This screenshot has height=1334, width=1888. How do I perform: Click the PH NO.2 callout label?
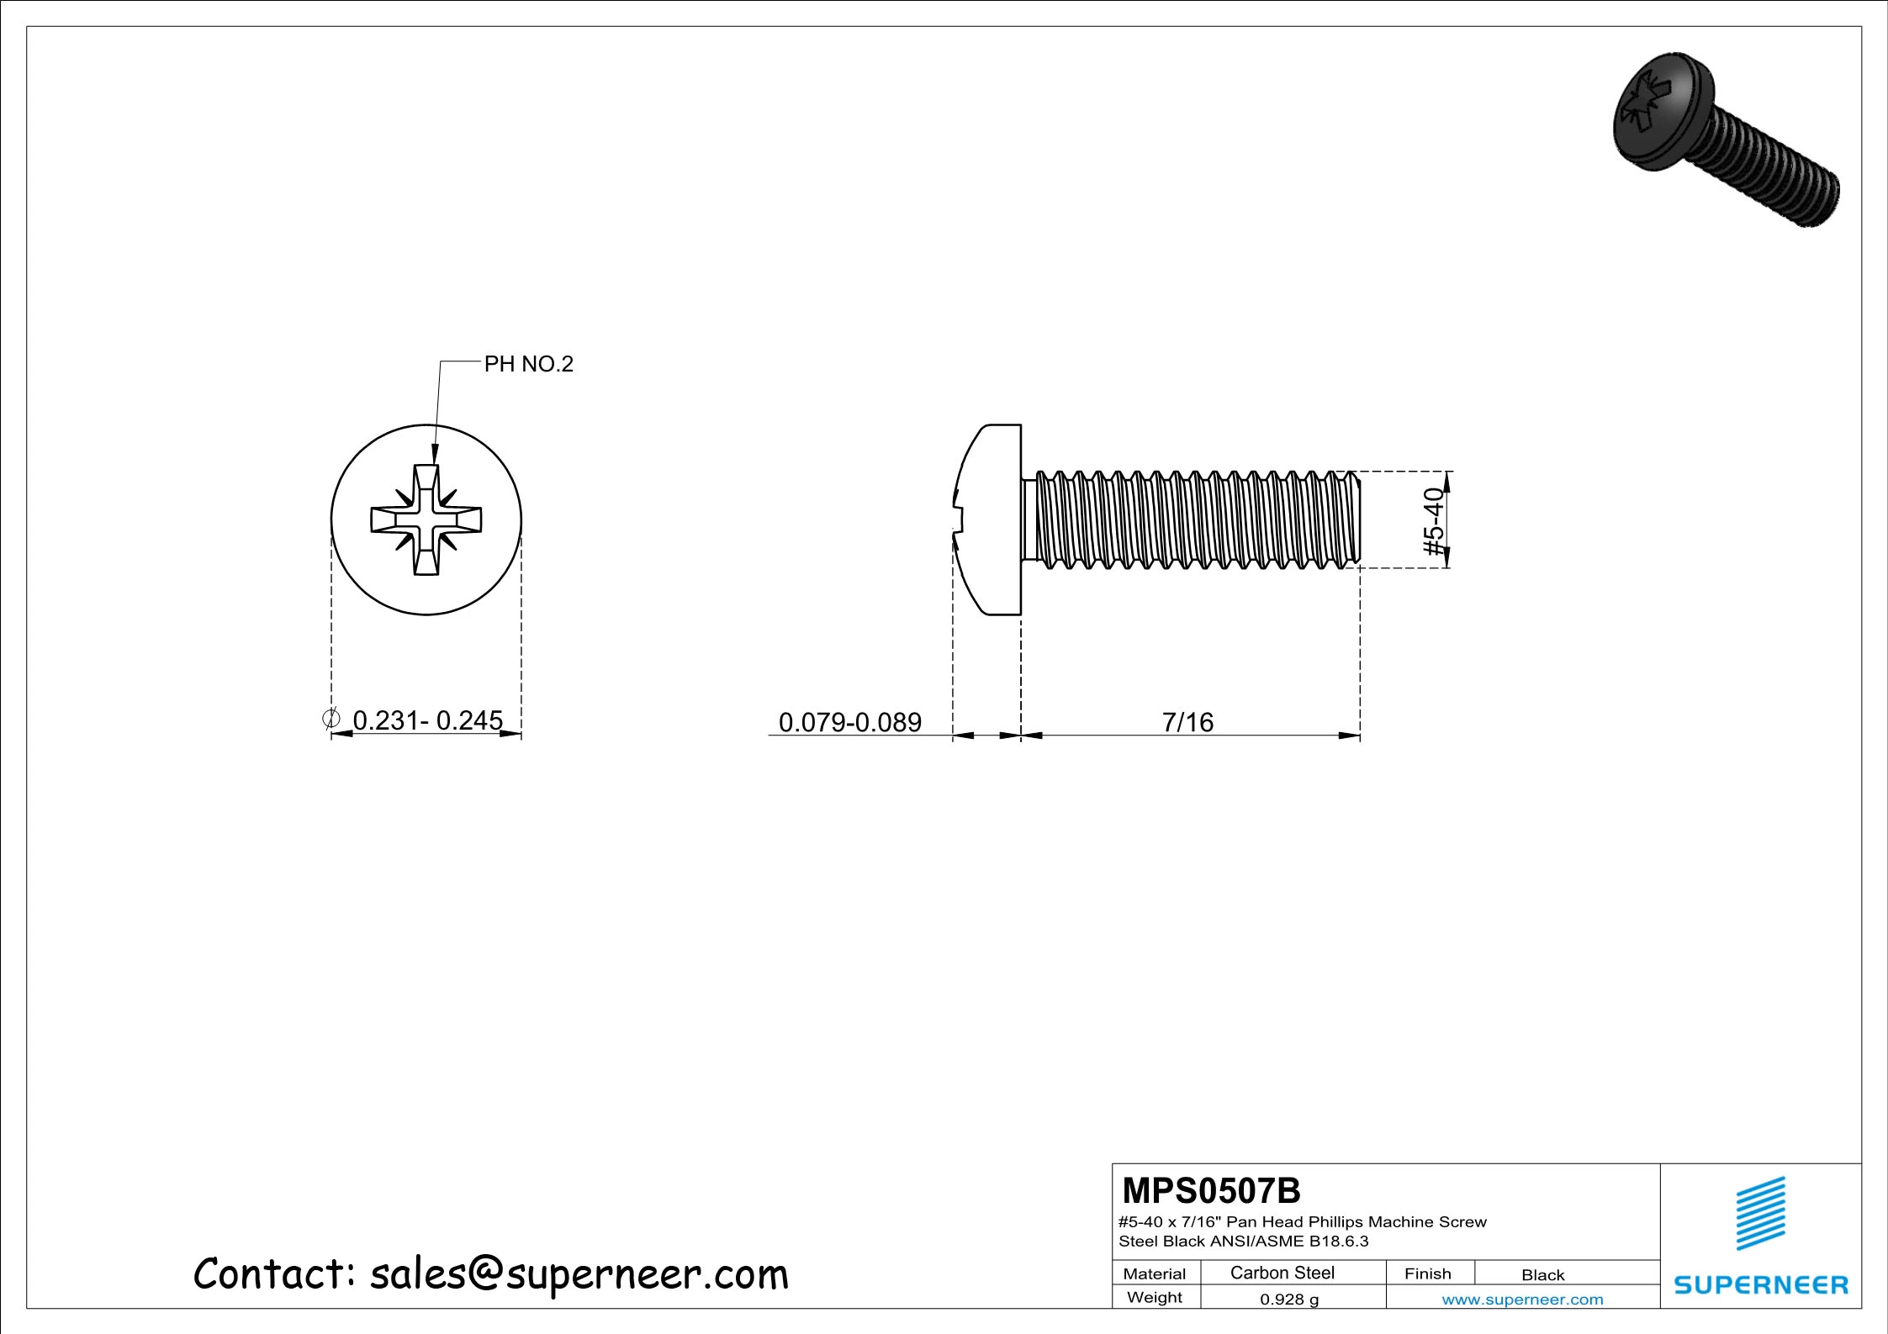pos(528,364)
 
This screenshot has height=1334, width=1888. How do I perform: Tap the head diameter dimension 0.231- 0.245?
pos(427,720)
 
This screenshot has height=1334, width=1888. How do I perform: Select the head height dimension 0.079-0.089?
pos(849,722)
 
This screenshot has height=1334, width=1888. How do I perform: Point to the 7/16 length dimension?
pos(1187,722)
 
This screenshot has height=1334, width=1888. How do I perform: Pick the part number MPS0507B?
pos(1211,1191)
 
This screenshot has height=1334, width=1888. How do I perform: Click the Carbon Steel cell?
pos(1282,1273)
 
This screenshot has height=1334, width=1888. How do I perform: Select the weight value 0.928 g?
pos(1288,1300)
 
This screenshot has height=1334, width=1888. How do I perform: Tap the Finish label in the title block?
pos(1427,1273)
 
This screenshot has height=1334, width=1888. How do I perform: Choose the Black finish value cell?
pos(1542,1274)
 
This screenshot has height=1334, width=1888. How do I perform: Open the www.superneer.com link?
pos(1522,1300)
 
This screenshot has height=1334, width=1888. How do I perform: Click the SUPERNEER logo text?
pos(1761,1285)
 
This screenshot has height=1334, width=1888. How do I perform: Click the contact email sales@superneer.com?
pos(579,1274)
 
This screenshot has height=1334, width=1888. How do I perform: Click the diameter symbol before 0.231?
pos(331,718)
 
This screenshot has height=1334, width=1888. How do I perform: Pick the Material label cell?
pos(1155,1273)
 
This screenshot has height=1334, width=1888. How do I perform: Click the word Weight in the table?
pos(1155,1297)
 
